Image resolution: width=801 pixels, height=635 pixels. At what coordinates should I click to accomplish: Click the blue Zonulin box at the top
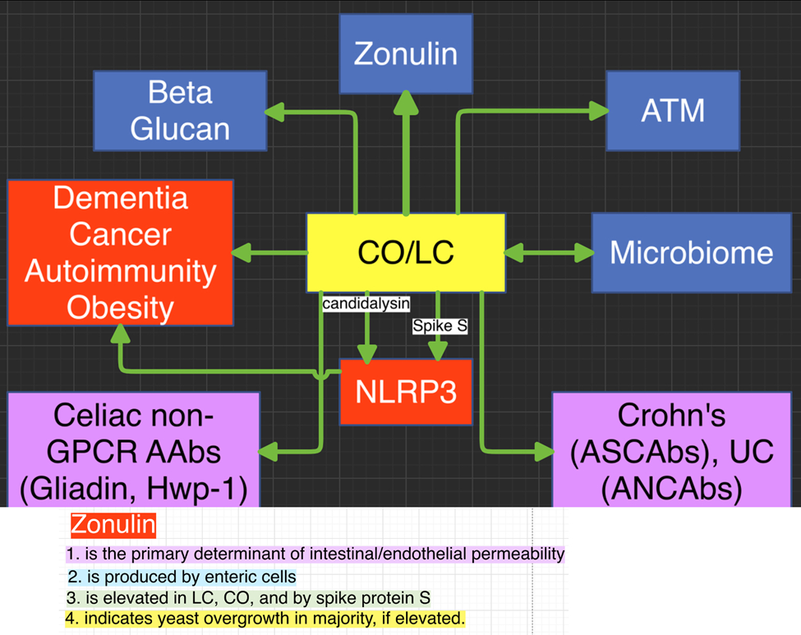(406, 54)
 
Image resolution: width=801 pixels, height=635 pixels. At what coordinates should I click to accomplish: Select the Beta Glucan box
(180, 111)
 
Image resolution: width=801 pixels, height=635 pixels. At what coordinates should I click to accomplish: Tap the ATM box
(673, 110)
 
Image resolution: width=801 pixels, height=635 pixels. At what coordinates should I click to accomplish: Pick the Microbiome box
(691, 252)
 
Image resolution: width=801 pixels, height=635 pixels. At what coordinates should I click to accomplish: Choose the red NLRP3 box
(406, 392)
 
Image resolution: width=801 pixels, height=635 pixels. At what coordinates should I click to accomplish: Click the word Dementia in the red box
(121, 198)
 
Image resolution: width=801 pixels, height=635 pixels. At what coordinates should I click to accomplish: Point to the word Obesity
(121, 308)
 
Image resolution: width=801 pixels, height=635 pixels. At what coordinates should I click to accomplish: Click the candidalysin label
(366, 305)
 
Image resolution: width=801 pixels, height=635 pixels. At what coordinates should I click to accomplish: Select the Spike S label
(440, 326)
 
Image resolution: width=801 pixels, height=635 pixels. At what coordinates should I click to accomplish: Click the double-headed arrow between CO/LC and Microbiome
(549, 253)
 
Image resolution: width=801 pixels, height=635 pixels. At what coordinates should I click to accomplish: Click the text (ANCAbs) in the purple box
(671, 490)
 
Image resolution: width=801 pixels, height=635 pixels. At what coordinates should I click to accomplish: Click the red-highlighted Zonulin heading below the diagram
(113, 524)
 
